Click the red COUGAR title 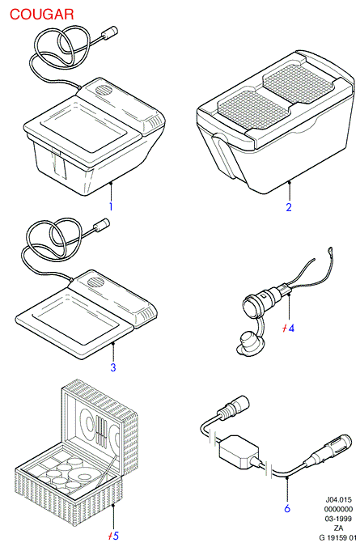pos(41,15)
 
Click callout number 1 pos(111,206)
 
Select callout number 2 pos(289,207)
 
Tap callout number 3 pos(113,367)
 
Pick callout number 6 pos(287,508)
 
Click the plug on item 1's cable pos(109,32)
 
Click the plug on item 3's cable pos(101,224)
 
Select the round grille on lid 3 pos(95,282)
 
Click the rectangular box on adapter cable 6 pos(239,452)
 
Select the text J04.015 pos(339,499)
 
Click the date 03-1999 pos(338,519)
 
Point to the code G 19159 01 pos(338,537)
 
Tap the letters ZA pos(338,528)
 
